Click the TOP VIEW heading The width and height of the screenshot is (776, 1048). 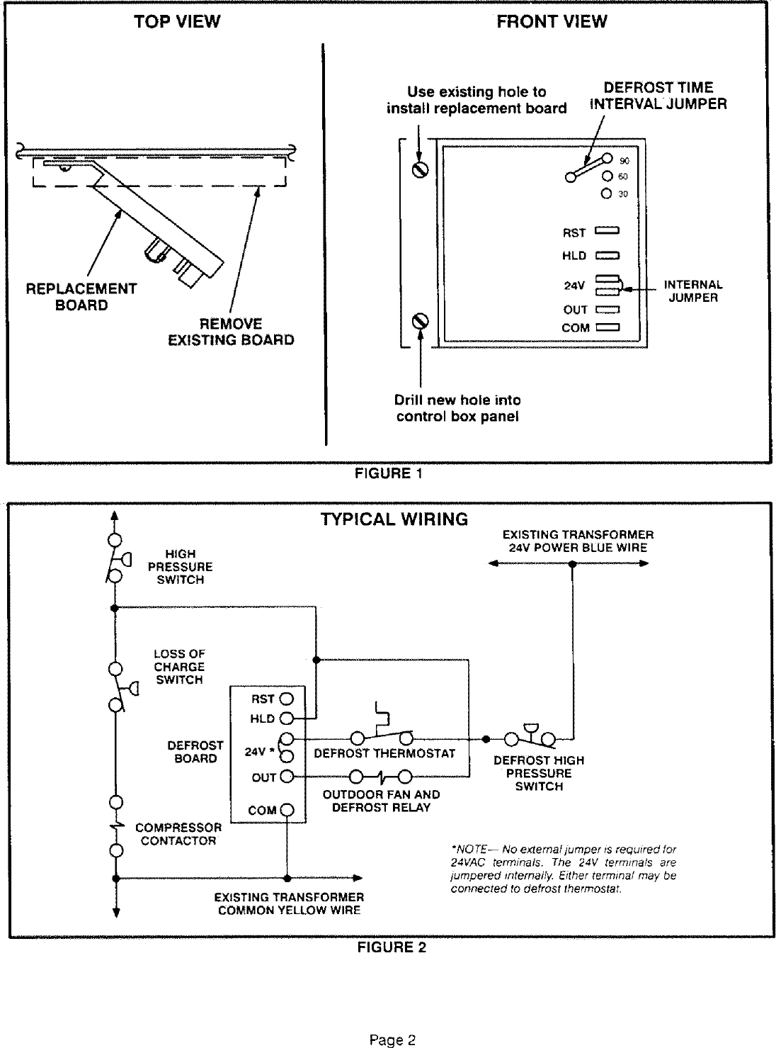tap(177, 22)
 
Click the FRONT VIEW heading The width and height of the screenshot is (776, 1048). tap(552, 22)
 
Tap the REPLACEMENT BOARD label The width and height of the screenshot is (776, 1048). tap(81, 297)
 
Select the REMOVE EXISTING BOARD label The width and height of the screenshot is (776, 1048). tap(231, 332)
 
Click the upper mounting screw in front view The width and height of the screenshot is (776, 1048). tap(421, 171)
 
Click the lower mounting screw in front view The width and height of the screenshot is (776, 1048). tap(421, 322)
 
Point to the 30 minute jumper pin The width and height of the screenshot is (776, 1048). tap(606, 193)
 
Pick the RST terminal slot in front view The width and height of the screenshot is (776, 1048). tap(607, 231)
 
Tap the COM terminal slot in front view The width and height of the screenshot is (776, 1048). tap(607, 328)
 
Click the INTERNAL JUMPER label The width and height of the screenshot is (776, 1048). tap(693, 291)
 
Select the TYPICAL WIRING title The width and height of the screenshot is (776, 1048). tap(394, 519)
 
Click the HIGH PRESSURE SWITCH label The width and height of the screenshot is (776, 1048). tap(181, 567)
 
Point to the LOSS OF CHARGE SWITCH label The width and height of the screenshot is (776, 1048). tap(179, 667)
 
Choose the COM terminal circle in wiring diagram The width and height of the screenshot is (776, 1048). tap(287, 810)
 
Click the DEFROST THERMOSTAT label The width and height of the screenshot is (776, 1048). tap(384, 753)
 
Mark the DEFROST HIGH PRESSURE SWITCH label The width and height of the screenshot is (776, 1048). tap(539, 773)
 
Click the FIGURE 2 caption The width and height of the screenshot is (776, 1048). tap(391, 947)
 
